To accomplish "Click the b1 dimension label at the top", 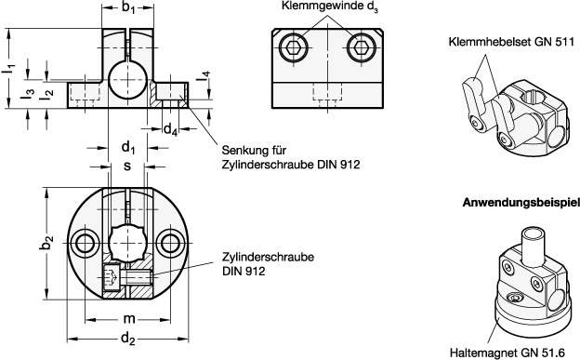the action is (128, 8).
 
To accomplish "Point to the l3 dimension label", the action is (27, 94).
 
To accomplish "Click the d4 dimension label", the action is (170, 129).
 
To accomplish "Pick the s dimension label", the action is (127, 166).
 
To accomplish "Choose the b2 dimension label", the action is (46, 243).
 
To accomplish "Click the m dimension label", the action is (128, 318).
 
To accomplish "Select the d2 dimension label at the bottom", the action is (128, 339).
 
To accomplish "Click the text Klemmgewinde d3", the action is (330, 7).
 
